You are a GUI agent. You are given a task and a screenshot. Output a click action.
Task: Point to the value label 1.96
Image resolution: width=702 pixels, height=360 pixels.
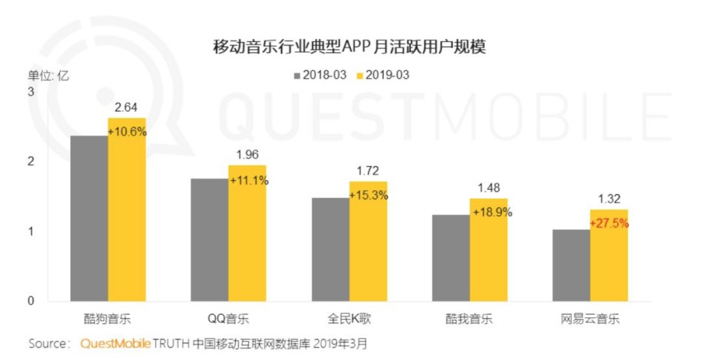[x=247, y=155]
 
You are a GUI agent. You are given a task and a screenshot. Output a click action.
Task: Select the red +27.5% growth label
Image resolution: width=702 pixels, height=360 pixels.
[x=610, y=224]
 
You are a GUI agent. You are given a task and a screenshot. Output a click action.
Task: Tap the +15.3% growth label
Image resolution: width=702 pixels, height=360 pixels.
[x=369, y=195]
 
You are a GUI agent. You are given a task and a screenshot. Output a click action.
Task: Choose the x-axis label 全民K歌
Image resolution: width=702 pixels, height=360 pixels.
[x=349, y=320]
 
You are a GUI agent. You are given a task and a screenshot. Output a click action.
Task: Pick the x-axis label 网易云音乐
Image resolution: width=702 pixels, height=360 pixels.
[x=591, y=320]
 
